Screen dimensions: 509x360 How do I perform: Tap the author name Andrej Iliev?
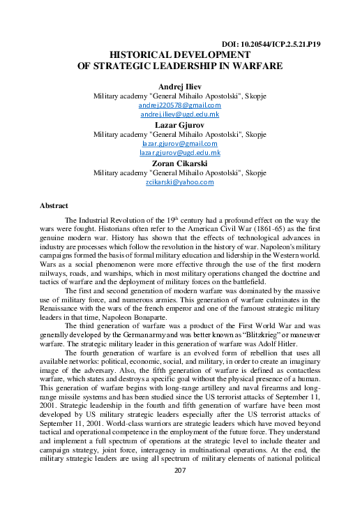[x=179, y=85]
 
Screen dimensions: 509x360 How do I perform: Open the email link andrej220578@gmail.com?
[x=180, y=105]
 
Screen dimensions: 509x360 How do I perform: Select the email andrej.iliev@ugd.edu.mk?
[x=180, y=114]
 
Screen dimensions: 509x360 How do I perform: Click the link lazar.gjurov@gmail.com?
[x=180, y=142]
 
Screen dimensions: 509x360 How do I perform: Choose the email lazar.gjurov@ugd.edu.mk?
[x=180, y=152]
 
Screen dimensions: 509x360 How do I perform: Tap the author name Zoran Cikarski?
[x=180, y=162]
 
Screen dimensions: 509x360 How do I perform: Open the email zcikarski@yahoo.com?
[x=180, y=181]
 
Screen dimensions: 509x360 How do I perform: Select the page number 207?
[x=180, y=490]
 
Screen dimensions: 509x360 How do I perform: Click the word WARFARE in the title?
[x=253, y=66]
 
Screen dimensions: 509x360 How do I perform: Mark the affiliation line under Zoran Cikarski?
[x=180, y=172]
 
